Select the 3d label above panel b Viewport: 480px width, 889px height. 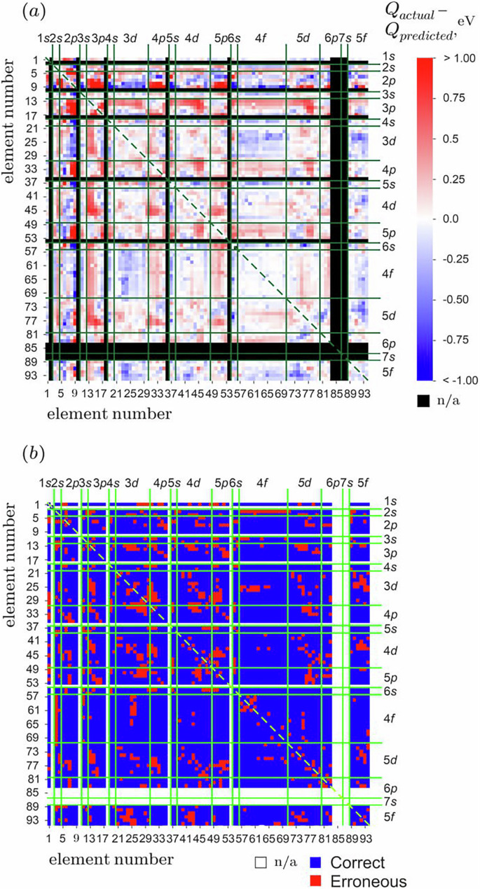click(x=131, y=483)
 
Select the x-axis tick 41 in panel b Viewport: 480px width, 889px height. click(x=175, y=838)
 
